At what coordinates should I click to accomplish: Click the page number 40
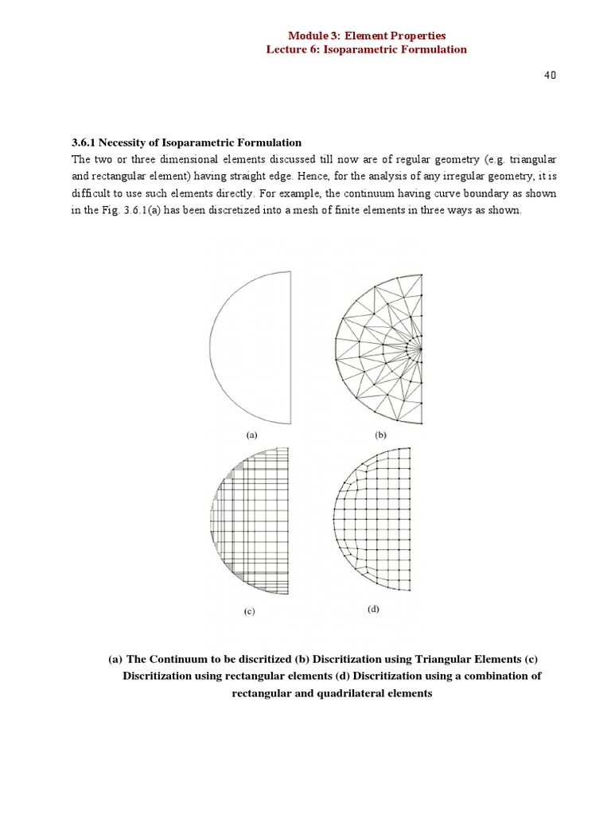point(550,74)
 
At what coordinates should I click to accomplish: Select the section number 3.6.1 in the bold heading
point(84,143)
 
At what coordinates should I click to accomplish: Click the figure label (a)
point(252,435)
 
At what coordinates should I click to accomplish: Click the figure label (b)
point(379,435)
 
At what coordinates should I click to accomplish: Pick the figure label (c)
point(249,613)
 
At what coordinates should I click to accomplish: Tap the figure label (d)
point(374,610)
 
